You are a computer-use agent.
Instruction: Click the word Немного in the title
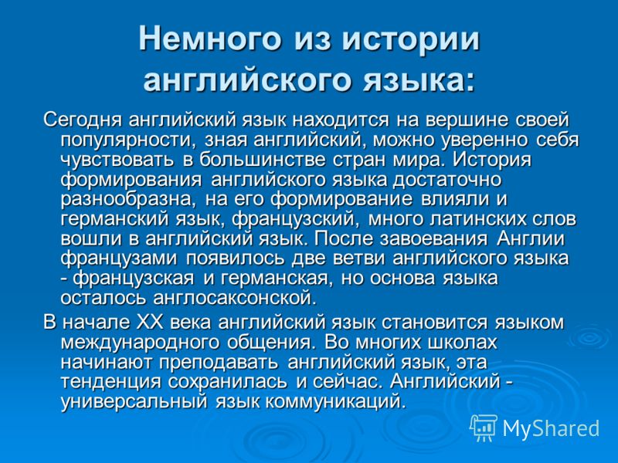(x=210, y=38)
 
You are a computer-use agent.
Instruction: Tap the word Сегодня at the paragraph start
(x=83, y=120)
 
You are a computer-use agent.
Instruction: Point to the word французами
(x=119, y=259)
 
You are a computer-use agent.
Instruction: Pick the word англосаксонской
(x=235, y=298)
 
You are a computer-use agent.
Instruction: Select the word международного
(x=140, y=343)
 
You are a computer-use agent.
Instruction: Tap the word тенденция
(x=111, y=382)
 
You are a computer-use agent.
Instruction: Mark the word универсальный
(x=134, y=402)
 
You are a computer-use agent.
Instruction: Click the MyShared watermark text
(x=552, y=429)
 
